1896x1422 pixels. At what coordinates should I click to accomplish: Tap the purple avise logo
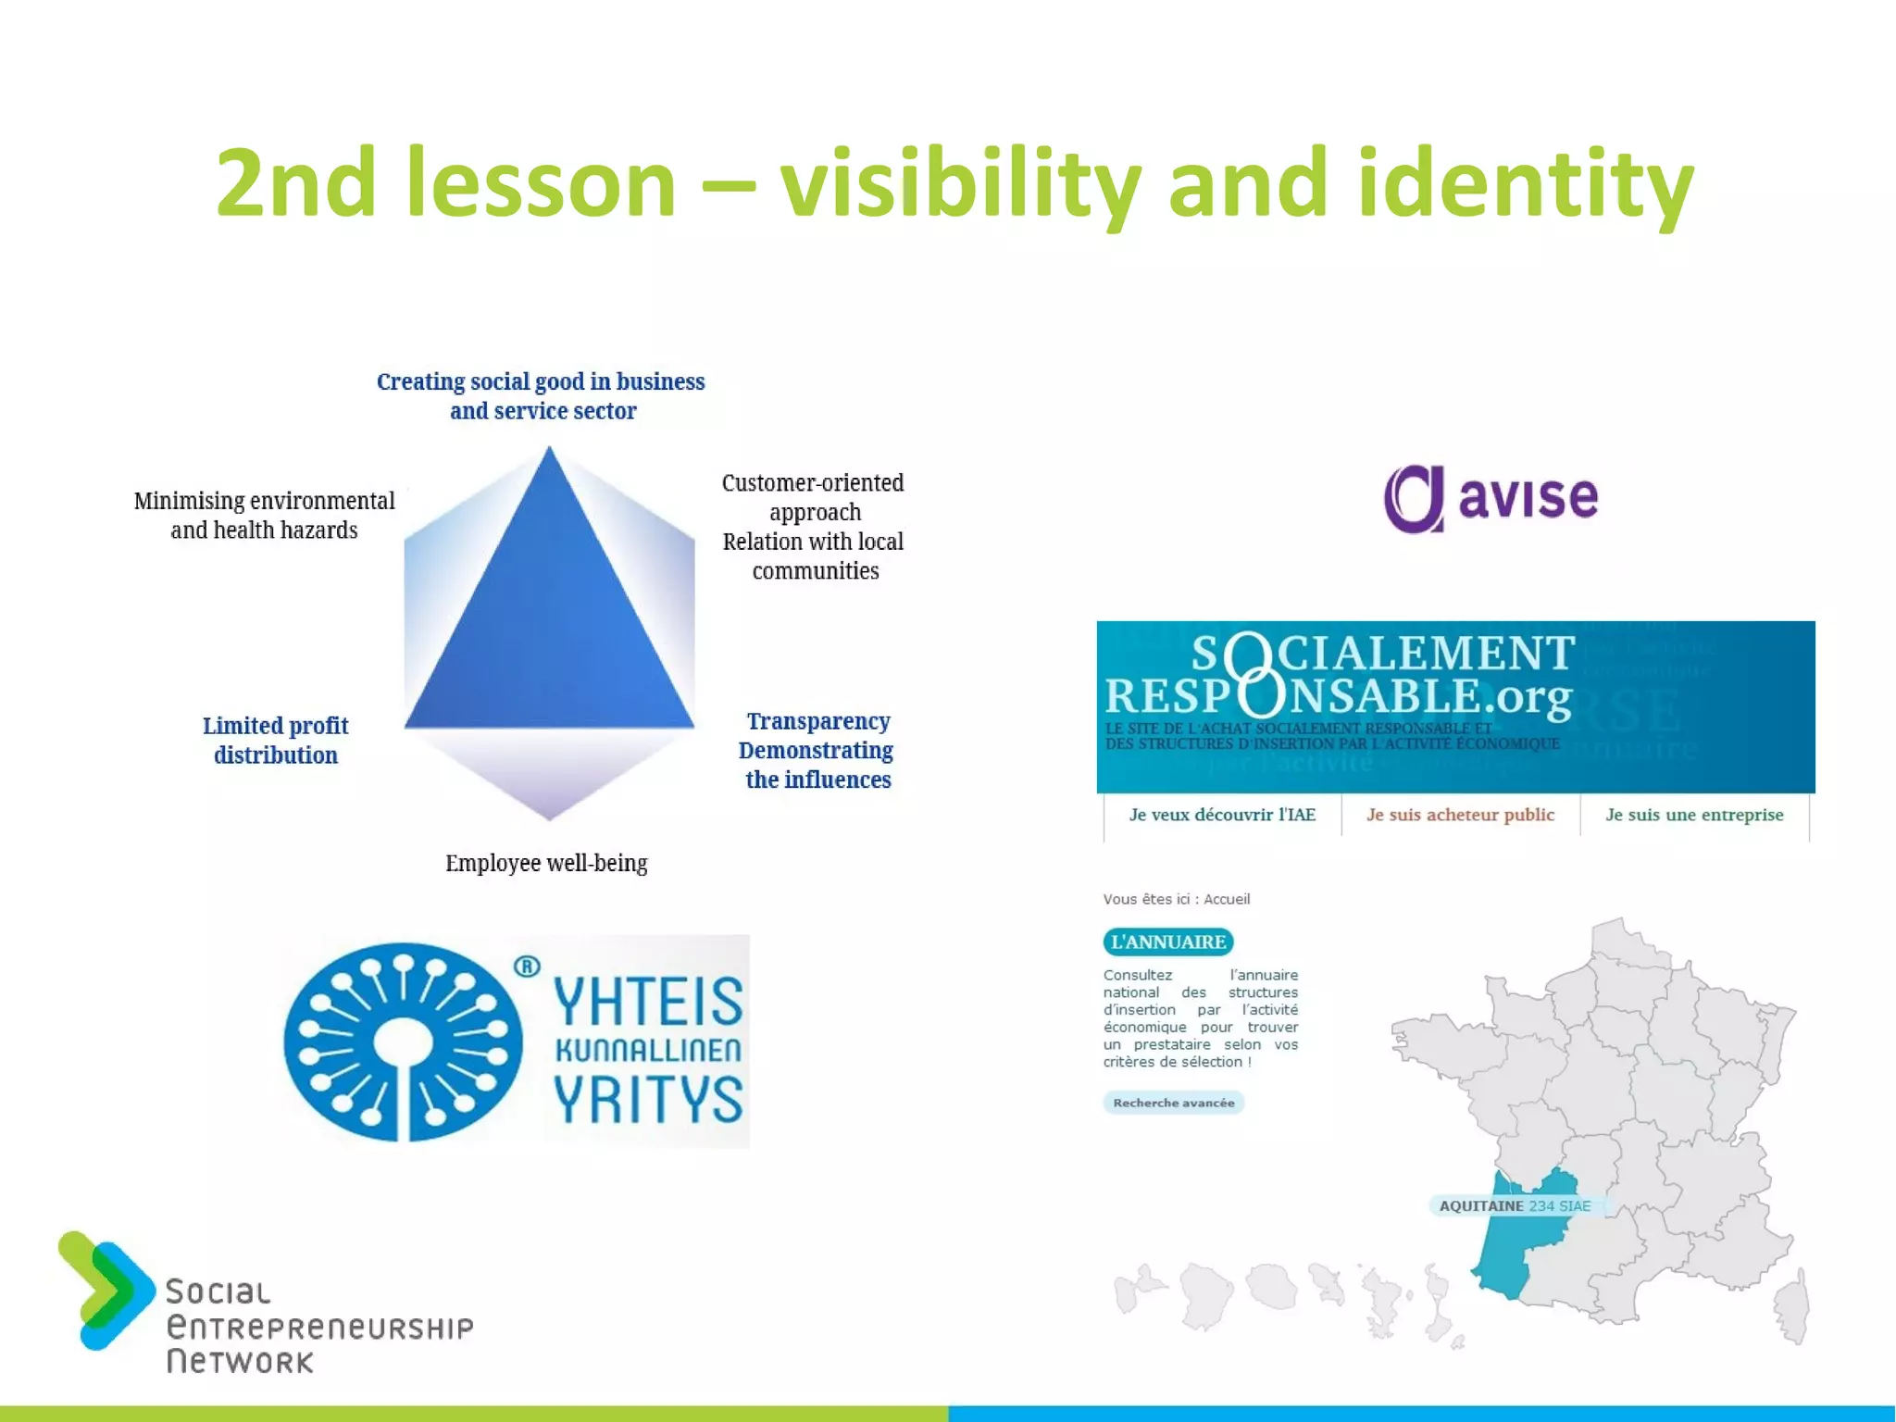point(1491,498)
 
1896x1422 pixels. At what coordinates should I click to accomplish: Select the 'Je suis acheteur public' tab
point(1460,815)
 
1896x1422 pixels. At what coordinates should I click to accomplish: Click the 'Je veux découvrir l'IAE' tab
point(1222,815)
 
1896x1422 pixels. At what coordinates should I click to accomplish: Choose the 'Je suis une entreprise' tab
point(1694,815)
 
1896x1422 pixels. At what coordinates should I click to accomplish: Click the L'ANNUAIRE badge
point(1168,942)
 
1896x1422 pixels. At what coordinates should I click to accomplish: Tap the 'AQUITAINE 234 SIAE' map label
point(1515,1205)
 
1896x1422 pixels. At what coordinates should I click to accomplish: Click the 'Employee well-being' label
point(546,863)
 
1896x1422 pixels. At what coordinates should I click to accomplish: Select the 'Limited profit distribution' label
point(276,740)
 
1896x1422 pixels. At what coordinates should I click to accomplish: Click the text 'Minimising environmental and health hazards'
point(264,515)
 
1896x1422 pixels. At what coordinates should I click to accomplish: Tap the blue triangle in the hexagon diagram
point(550,630)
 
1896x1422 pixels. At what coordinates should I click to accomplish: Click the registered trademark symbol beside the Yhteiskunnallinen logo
point(527,967)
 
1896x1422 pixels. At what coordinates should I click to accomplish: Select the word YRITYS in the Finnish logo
point(648,1099)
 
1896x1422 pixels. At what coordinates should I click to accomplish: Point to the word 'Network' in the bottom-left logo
point(240,1362)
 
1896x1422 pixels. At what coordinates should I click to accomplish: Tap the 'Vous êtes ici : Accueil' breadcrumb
point(1176,899)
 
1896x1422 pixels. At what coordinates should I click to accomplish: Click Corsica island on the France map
point(1792,1305)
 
